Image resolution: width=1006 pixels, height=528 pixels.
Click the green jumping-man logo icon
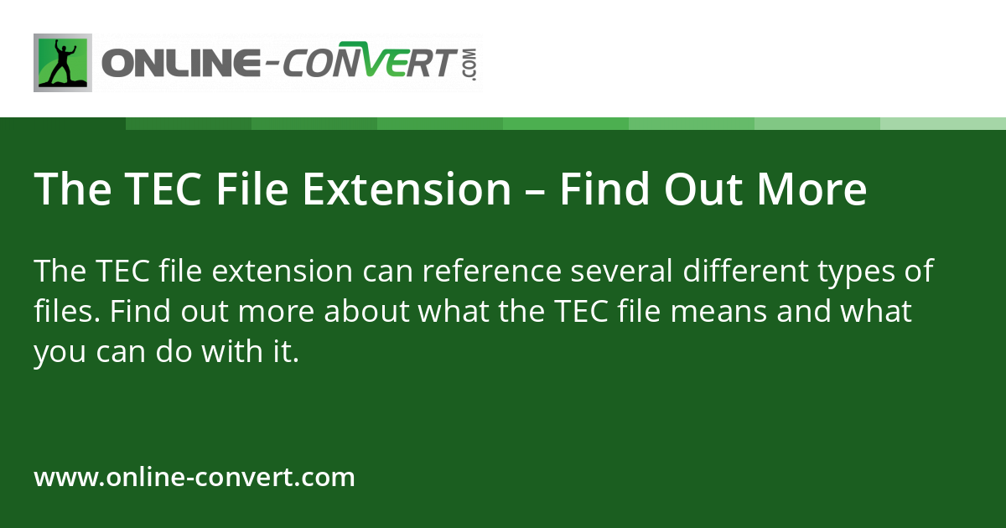click(63, 63)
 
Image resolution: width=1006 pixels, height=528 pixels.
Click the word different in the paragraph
click(739, 272)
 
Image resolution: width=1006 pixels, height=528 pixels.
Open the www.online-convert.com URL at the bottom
click(194, 478)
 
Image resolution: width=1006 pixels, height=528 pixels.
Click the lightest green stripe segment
click(943, 123)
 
